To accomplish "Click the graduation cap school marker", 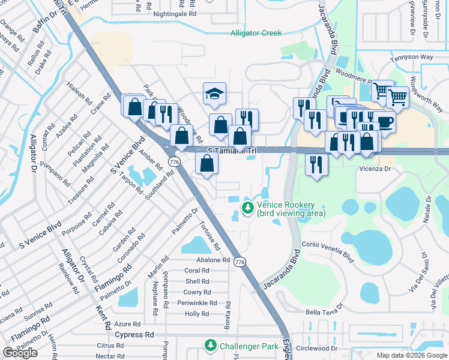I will [x=214, y=94].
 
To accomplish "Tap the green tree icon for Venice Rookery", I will [x=247, y=208].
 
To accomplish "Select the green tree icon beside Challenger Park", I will [x=210, y=346].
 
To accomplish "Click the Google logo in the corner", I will [x=20, y=353].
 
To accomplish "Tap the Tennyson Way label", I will [x=411, y=58].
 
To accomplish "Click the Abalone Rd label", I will [x=213, y=260].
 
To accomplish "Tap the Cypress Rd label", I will [x=134, y=334].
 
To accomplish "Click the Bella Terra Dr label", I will [x=324, y=311].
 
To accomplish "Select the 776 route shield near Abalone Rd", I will [x=240, y=262].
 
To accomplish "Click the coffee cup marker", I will [x=385, y=121].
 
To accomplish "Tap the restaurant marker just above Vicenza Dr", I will [x=316, y=164].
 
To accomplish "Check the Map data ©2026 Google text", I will [x=411, y=355].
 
